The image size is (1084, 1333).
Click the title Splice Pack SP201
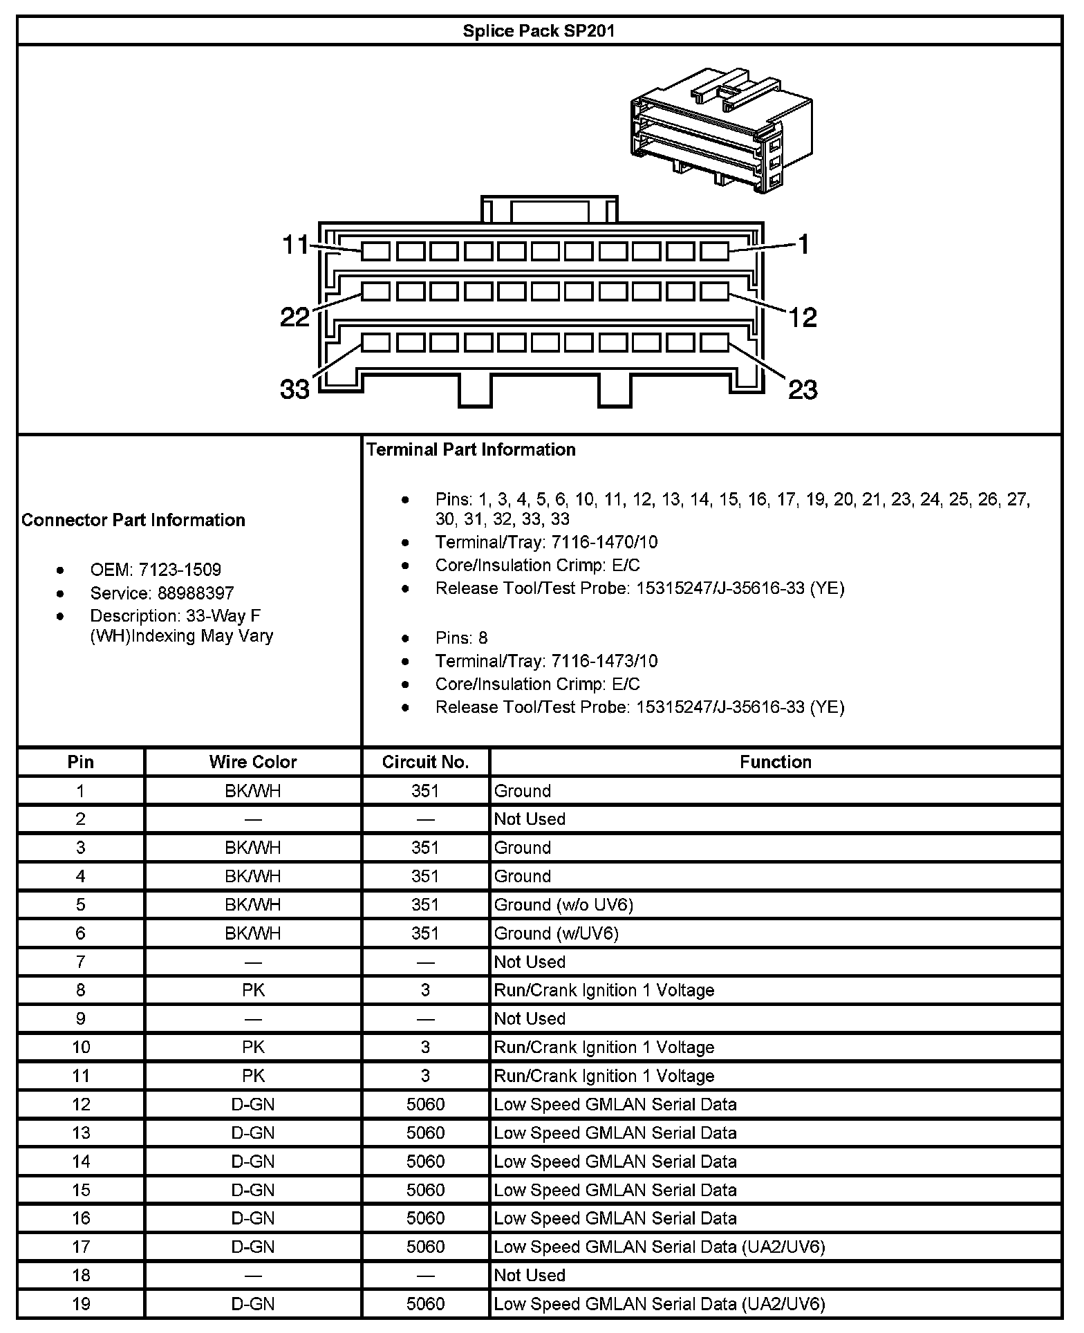(x=539, y=31)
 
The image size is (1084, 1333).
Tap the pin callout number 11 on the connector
(x=296, y=245)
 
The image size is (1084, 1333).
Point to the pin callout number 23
(x=803, y=390)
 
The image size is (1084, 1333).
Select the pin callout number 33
(x=295, y=390)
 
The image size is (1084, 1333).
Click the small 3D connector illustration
(x=721, y=130)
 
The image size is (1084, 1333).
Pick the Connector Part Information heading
(x=133, y=520)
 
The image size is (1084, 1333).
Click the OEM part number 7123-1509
(x=180, y=570)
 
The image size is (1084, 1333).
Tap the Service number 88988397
(x=196, y=593)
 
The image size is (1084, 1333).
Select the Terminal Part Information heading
(x=471, y=450)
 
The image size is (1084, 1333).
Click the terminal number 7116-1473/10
(x=604, y=661)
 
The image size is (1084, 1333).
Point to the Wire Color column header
(x=253, y=762)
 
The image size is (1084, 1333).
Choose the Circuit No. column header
(x=425, y=762)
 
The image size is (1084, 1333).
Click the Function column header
(x=775, y=762)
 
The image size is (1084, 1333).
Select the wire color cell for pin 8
(x=253, y=990)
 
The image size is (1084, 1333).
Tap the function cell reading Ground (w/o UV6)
(x=563, y=904)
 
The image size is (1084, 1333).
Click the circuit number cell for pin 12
(x=425, y=1104)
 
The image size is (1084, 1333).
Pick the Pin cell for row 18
(x=81, y=1275)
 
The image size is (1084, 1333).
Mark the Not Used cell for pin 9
(x=530, y=1018)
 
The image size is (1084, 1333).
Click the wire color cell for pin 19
(x=253, y=1304)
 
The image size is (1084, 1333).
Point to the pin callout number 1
(x=803, y=244)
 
